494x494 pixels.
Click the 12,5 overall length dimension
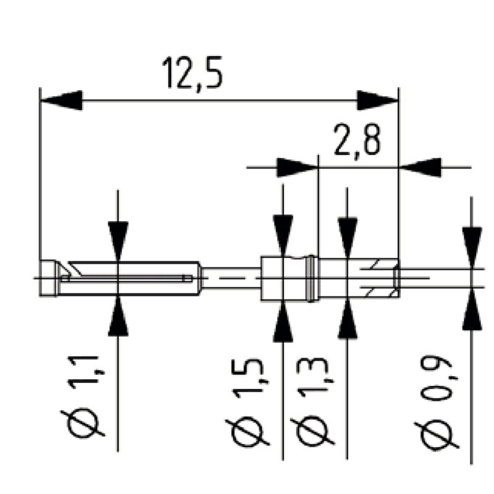click(x=192, y=73)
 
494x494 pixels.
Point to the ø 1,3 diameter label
click(x=316, y=401)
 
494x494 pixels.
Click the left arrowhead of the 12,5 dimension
click(x=61, y=100)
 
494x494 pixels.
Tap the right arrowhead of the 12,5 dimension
click(x=377, y=100)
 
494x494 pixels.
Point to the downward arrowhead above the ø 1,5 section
click(x=283, y=235)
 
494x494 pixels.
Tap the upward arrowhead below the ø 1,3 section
click(x=348, y=321)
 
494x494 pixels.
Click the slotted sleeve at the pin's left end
click(x=124, y=278)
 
